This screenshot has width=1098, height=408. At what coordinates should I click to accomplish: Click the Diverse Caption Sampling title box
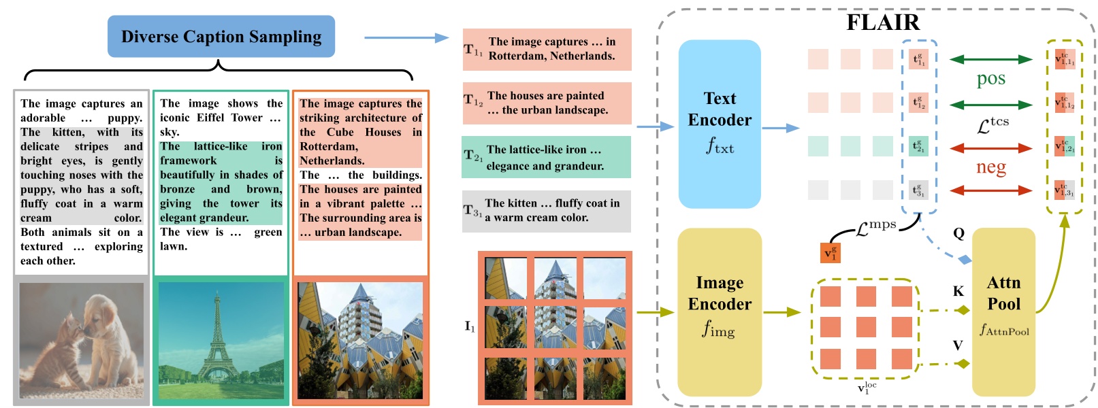pos(221,37)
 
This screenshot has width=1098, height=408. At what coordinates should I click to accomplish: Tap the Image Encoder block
pos(720,311)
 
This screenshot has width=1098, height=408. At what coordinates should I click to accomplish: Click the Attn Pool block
pos(1003,311)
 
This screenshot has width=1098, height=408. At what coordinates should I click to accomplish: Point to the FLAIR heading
pos(882,22)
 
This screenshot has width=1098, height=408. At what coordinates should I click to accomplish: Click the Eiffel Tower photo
pos(221,340)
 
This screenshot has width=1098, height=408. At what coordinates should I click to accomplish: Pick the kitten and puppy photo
pos(81,340)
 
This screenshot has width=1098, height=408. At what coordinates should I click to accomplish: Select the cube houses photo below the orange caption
pos(361,340)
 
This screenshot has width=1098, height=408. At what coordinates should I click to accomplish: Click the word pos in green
pos(990,79)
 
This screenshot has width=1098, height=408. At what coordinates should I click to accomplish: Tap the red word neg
pos(990,167)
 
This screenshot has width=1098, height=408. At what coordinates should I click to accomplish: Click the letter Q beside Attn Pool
pos(958,234)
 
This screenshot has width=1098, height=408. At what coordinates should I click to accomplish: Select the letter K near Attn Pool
pos(958,292)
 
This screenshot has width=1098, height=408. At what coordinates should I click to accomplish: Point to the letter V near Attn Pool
pos(958,345)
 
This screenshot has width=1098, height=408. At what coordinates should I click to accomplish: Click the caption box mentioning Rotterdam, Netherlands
pos(547,49)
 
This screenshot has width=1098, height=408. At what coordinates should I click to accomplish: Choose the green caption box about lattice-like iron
pos(546,157)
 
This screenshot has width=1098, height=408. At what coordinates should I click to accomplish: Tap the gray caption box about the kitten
pos(546,211)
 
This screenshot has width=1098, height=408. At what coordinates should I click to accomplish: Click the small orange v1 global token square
pos(830,253)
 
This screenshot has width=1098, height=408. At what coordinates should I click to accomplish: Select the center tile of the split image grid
pos(555,328)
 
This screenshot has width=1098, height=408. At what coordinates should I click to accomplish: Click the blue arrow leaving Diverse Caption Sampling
pos(406,38)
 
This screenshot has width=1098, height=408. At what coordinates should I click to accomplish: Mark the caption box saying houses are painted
pos(547,103)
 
